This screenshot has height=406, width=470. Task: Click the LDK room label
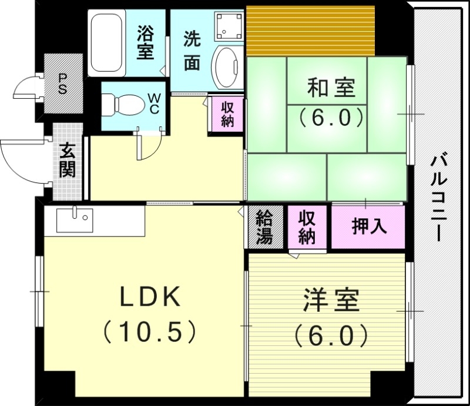(149, 298)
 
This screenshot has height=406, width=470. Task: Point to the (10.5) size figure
(149, 332)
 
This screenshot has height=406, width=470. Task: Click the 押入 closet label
(369, 227)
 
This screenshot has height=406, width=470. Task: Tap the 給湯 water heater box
(264, 227)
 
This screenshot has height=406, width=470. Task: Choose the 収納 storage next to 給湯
(306, 227)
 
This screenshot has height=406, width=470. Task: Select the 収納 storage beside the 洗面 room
(227, 114)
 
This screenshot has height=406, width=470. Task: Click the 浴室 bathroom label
(145, 42)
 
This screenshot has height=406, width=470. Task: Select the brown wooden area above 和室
(310, 29)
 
